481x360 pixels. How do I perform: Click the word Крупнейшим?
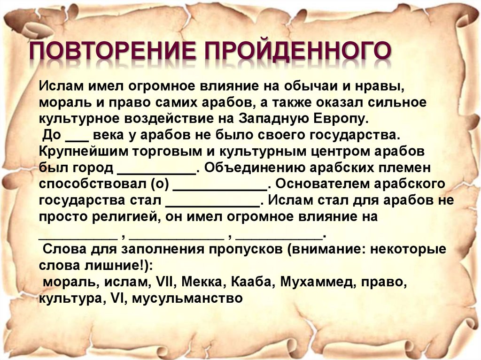pos(83,152)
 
